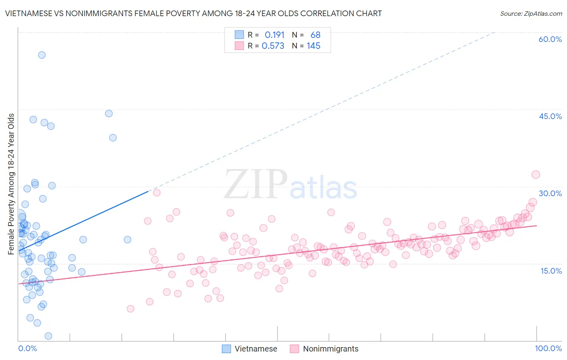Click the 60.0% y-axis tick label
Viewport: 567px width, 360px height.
point(550,39)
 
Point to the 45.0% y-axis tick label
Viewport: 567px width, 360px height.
point(550,116)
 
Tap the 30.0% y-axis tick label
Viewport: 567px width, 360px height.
point(550,193)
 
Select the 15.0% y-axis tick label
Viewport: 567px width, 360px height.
point(551,270)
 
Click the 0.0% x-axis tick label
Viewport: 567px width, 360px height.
point(27,348)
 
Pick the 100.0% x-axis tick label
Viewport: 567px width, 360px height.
point(548,348)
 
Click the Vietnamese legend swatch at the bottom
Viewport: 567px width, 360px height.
point(226,349)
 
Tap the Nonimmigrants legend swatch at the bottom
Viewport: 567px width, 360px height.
point(294,349)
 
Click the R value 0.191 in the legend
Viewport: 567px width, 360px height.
point(274,35)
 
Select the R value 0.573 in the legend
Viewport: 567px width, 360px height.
point(273,46)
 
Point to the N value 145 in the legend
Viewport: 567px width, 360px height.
point(313,46)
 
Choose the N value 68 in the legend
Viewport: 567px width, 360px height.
point(315,35)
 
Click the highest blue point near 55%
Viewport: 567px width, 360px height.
point(42,55)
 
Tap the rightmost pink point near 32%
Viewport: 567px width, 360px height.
point(536,175)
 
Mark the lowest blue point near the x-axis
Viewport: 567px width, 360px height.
point(48,336)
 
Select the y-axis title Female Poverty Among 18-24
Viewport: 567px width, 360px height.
point(11,184)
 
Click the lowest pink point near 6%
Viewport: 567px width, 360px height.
point(130,309)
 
